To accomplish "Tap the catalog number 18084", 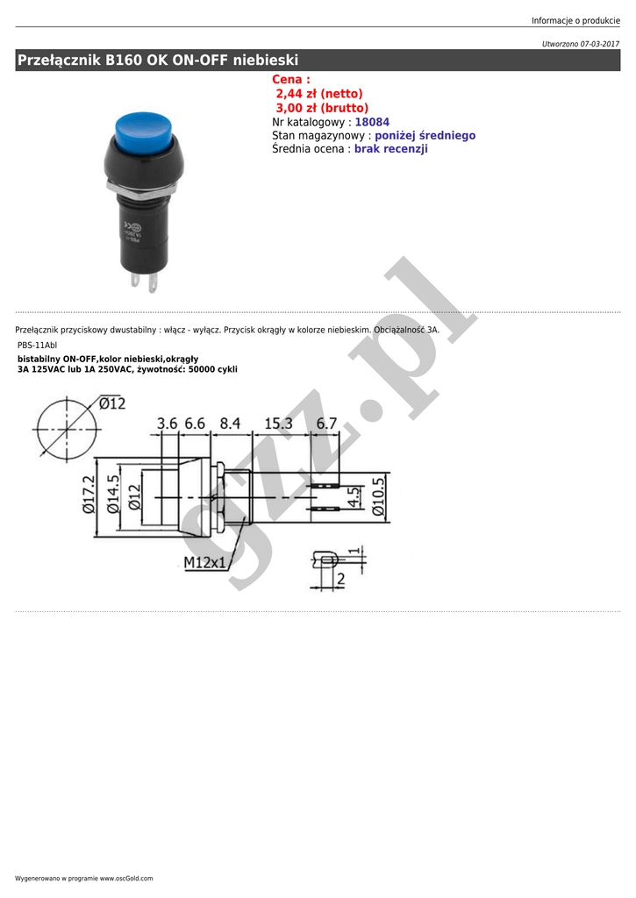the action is [372, 122].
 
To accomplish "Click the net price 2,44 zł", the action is [297, 94].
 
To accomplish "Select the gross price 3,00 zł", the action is [297, 108].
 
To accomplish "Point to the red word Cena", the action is [287, 80].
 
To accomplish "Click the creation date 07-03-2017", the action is [600, 44].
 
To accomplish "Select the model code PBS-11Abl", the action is [37, 346].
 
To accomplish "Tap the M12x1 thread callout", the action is [205, 562].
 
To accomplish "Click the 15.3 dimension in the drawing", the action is [278, 424].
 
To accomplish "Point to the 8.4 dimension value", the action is [230, 424].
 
